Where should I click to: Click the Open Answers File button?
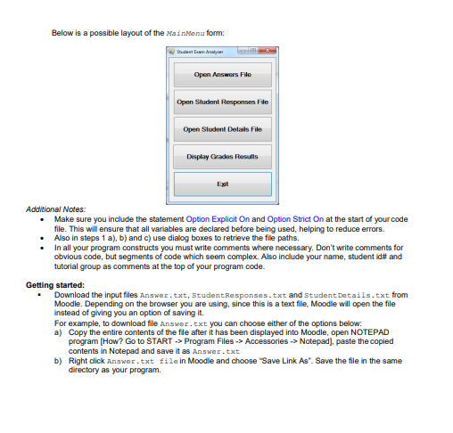click(x=222, y=75)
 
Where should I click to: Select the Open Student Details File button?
click(x=222, y=129)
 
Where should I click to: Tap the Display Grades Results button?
click(x=222, y=157)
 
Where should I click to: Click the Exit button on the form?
click(x=222, y=184)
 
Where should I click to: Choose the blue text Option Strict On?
click(x=297, y=217)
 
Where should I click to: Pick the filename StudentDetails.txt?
click(x=342, y=294)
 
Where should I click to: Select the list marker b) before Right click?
click(x=59, y=360)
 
